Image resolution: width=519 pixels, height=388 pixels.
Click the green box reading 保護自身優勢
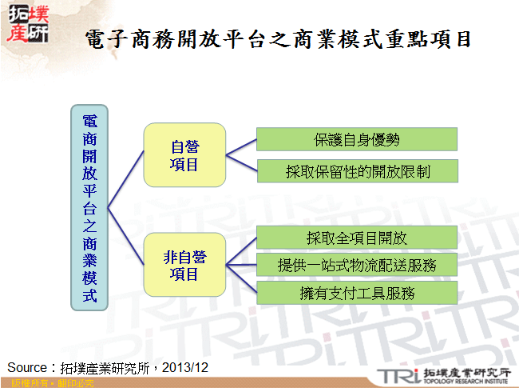[356, 139]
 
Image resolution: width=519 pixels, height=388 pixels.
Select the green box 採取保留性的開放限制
[356, 171]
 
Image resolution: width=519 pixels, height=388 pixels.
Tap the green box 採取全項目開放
[356, 238]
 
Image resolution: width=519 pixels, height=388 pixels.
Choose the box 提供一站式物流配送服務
[356, 265]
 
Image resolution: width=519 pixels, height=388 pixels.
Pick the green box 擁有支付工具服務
[356, 292]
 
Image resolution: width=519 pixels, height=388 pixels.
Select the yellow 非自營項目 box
[184, 265]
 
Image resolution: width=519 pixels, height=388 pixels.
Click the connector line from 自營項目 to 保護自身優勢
[241, 145]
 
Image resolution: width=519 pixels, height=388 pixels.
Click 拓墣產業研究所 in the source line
[104, 367]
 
